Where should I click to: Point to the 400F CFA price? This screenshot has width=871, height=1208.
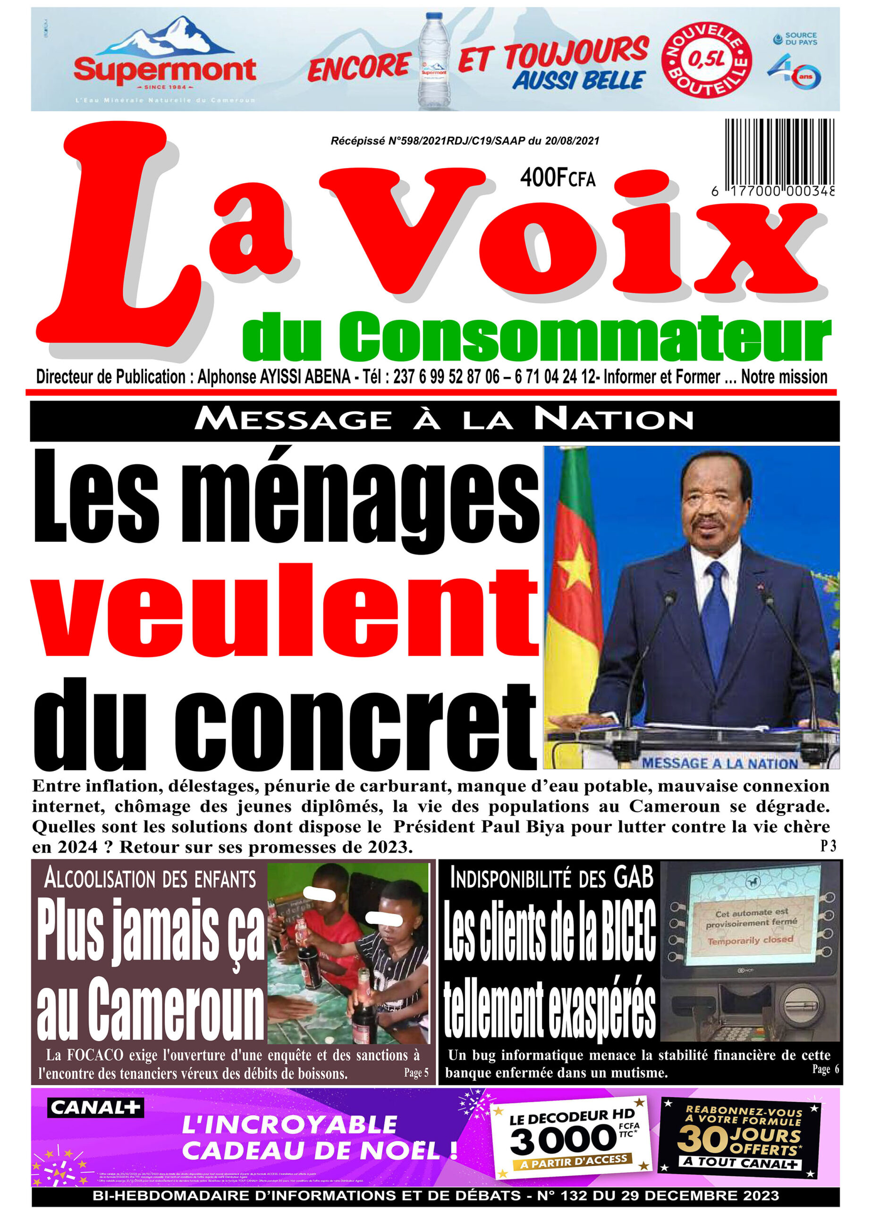pos(557,178)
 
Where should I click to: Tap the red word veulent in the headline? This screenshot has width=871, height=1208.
pos(285,612)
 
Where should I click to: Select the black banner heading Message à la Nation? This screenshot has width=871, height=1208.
pos(443,420)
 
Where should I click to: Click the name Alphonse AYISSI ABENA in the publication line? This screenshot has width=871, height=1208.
pos(274,377)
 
